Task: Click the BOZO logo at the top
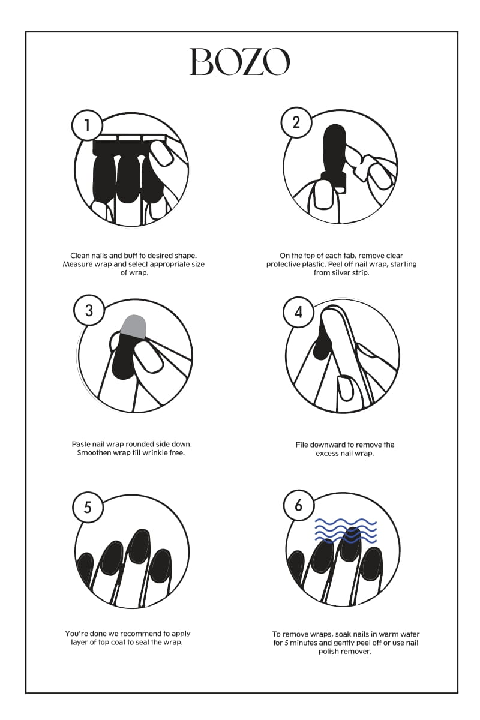[x=239, y=62]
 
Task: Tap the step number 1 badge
[x=87, y=125]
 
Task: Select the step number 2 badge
[x=296, y=122]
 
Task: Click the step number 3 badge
[x=89, y=311]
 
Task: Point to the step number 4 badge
[x=298, y=312]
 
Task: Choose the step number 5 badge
[x=88, y=507]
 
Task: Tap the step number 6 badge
[x=298, y=505]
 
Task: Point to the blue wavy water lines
[x=346, y=535]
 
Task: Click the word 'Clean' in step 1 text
[x=79, y=256]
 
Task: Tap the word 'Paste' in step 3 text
[x=81, y=444]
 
